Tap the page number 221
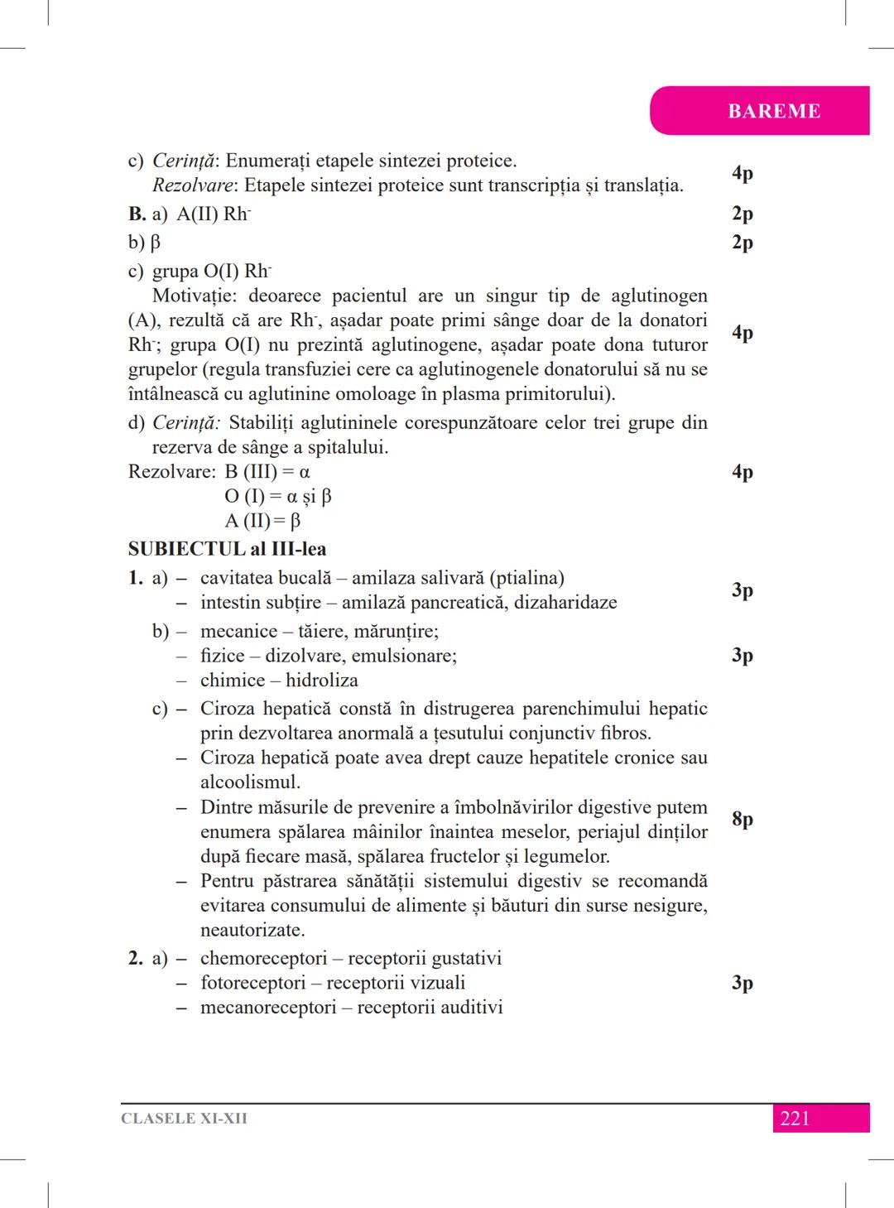click(x=795, y=1119)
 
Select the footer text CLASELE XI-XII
click(x=184, y=1119)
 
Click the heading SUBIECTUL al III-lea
click(x=227, y=549)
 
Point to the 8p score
click(x=742, y=819)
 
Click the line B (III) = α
click(x=267, y=472)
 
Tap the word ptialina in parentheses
click(x=526, y=578)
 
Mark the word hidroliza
click(x=322, y=681)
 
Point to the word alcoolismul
click(x=249, y=782)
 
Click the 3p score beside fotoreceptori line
click(x=742, y=983)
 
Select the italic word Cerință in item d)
click(x=186, y=423)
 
